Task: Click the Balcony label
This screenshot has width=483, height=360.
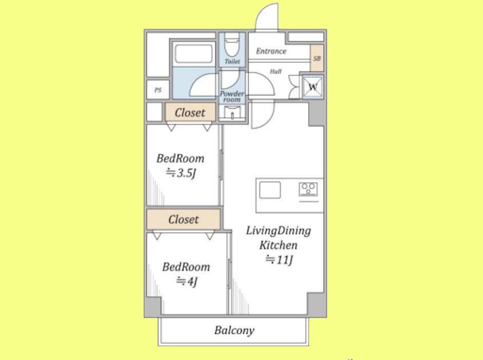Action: tap(234, 330)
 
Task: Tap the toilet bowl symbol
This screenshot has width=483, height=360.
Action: tap(232, 45)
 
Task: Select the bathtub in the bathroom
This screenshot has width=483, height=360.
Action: tap(194, 53)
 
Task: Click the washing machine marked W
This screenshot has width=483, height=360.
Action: tap(312, 86)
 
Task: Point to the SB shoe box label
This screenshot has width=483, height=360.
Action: tap(317, 58)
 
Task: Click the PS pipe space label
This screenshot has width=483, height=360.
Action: tap(158, 90)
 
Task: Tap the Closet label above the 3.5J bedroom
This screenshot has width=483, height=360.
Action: tap(190, 113)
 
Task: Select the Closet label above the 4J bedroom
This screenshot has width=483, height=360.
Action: tap(183, 220)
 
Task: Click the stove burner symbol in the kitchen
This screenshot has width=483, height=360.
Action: tap(308, 189)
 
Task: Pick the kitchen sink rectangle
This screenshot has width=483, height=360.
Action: tap(270, 190)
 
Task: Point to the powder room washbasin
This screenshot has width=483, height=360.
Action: tap(232, 113)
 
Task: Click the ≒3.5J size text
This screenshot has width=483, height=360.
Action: tap(181, 173)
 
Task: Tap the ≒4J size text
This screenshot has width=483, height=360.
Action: tap(187, 281)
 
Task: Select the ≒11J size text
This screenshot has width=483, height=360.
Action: tap(279, 260)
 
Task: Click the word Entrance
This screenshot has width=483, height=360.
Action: tap(271, 51)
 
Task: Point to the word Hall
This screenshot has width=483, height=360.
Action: tap(276, 71)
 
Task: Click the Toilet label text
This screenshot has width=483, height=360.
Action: tap(232, 61)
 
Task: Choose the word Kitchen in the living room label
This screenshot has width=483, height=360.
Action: tap(278, 245)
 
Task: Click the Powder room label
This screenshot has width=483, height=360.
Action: tap(232, 97)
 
